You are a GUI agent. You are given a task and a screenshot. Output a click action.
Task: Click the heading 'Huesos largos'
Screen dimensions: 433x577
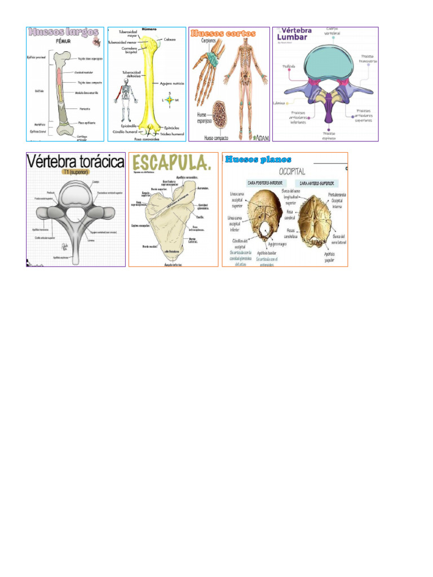point(62,33)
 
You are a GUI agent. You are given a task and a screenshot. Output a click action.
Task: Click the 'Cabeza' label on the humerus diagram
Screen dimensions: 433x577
point(170,40)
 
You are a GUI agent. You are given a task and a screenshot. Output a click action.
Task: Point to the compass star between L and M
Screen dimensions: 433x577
point(169,100)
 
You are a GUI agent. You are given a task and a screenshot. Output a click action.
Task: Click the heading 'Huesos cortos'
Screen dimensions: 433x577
point(224,34)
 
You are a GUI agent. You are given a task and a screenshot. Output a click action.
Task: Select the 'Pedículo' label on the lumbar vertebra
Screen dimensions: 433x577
point(289,66)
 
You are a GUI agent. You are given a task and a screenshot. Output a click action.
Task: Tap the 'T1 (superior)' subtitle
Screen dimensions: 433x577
point(75,174)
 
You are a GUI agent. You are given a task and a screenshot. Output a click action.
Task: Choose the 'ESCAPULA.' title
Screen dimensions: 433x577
point(165,164)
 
